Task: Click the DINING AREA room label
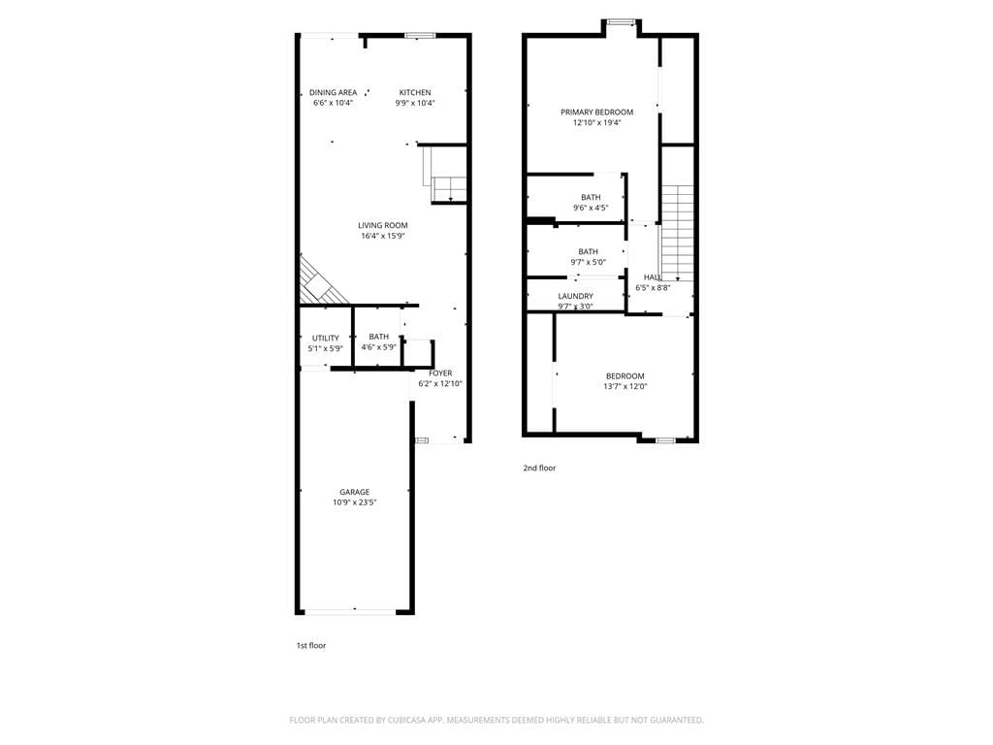tap(334, 92)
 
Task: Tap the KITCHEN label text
tap(415, 92)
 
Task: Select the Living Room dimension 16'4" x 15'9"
tap(383, 236)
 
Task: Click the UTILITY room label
tap(326, 339)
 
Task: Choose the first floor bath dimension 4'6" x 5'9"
tap(379, 347)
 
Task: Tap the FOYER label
tap(440, 373)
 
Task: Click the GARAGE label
tap(355, 492)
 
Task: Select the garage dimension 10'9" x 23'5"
tap(355, 502)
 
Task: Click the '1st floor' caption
tap(311, 645)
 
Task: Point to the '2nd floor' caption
tap(539, 469)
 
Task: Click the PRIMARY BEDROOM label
tap(596, 113)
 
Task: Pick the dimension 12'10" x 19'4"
tap(596, 123)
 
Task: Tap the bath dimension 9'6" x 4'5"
tap(591, 208)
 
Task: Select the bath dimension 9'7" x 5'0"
tap(589, 262)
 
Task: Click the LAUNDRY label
tap(576, 297)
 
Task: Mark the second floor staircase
tap(677, 233)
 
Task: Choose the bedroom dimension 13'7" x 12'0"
tap(625, 386)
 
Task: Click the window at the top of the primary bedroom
tap(621, 23)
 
